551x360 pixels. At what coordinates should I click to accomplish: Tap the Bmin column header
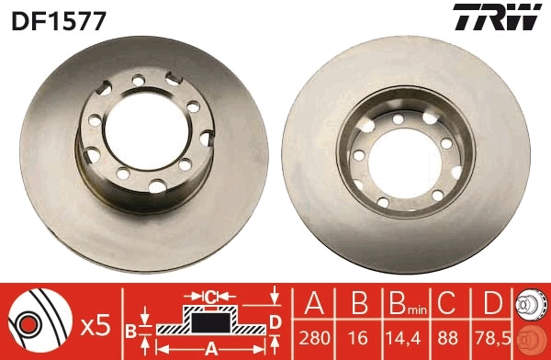tap(402, 302)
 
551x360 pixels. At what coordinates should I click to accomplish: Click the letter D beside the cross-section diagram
tap(275, 321)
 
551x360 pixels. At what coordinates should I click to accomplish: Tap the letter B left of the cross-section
tap(131, 329)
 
